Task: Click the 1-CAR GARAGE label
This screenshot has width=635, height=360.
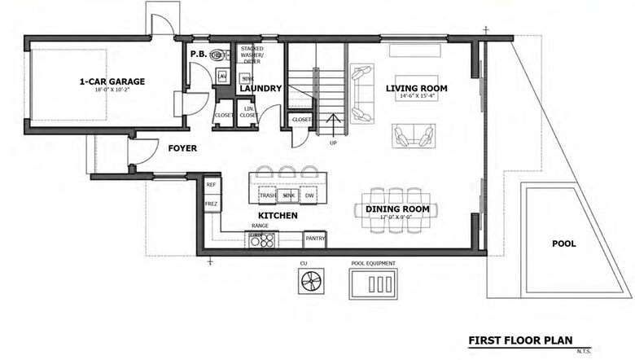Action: click(x=113, y=81)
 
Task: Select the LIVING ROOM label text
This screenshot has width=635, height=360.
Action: click(x=416, y=88)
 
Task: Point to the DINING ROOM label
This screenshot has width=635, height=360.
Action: click(x=392, y=209)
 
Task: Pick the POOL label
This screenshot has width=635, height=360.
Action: click(x=563, y=244)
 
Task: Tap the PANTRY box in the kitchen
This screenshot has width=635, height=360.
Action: click(x=315, y=239)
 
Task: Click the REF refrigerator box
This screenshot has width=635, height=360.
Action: click(x=211, y=185)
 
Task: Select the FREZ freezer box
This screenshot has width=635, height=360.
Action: click(x=211, y=204)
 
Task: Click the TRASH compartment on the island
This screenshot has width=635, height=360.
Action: click(x=267, y=196)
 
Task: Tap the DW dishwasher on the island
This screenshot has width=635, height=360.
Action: click(x=309, y=196)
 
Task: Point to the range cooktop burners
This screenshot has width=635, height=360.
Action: click(x=262, y=239)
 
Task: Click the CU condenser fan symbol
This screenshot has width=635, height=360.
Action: click(x=310, y=283)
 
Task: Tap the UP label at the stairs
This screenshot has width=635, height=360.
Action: click(x=332, y=142)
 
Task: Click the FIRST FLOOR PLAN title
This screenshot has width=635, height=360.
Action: click(x=519, y=340)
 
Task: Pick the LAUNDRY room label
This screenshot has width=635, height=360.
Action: click(x=261, y=88)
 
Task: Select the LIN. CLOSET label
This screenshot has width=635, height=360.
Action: click(x=249, y=112)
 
